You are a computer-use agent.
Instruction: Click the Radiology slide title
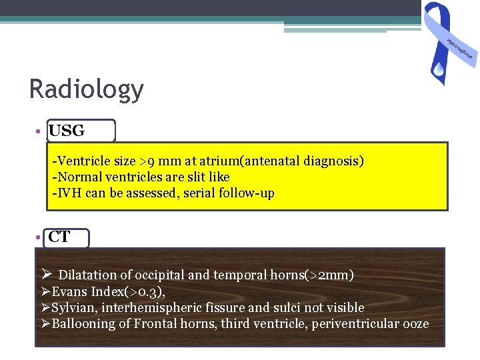[87, 89]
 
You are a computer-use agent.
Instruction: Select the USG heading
[67, 131]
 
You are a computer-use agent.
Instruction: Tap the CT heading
[59, 237]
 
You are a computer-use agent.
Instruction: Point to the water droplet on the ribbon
[438, 68]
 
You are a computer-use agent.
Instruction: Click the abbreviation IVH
[67, 193]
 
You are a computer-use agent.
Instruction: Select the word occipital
[158, 275]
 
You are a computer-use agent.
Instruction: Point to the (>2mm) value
[329, 275]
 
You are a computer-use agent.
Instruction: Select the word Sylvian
[73, 307]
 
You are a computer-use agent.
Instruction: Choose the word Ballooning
[81, 324]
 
